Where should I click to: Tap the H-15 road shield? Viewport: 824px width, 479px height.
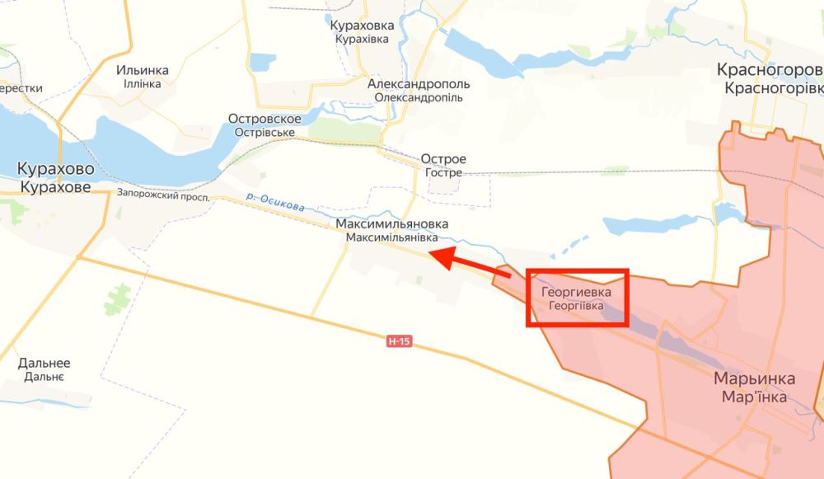(x=399, y=340)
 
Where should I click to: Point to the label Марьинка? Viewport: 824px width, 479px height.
(x=754, y=379)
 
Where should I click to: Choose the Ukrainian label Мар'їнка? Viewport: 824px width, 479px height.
(x=754, y=397)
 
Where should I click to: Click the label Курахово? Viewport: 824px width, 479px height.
(x=55, y=170)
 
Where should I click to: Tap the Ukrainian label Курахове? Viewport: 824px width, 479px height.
(x=55, y=187)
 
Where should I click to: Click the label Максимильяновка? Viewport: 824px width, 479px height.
(x=391, y=224)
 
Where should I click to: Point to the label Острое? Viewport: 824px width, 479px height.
(x=443, y=159)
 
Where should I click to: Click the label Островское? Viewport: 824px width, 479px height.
(x=270, y=119)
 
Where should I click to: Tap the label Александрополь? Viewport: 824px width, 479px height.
(x=419, y=84)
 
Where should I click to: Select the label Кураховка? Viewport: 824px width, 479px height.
(x=362, y=26)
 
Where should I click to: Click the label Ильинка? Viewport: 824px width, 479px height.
(x=143, y=70)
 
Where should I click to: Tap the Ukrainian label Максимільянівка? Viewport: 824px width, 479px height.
(x=391, y=237)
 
